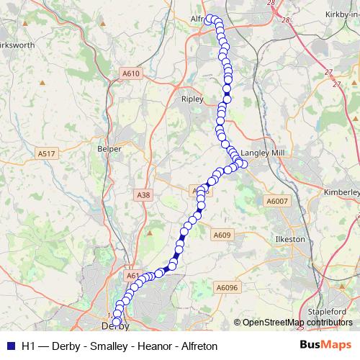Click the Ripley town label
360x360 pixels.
(193, 99)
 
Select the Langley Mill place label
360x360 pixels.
(267, 153)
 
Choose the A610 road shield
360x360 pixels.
(131, 73)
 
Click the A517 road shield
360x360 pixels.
(48, 153)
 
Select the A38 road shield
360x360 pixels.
(143, 194)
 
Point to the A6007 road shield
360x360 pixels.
(276, 201)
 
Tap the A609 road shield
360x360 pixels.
(221, 235)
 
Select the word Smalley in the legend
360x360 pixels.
(110, 346)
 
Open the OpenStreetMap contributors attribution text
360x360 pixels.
(297, 323)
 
